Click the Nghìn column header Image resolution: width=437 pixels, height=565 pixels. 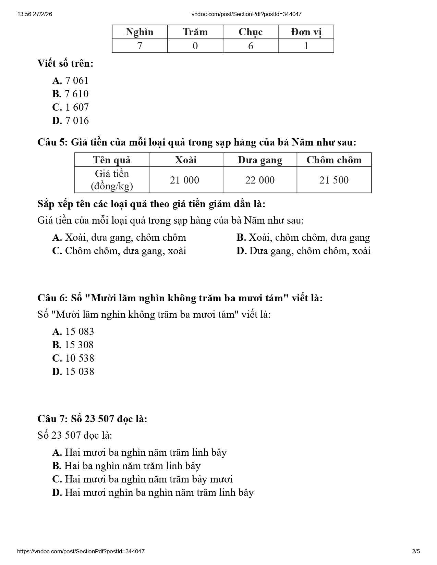139,32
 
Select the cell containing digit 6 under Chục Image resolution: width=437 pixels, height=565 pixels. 251,46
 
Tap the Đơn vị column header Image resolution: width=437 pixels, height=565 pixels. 306,32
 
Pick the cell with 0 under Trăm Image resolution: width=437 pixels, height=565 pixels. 195,46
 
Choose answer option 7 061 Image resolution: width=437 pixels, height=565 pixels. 71,80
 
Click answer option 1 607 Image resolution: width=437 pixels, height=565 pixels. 71,107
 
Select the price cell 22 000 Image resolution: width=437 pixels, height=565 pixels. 260,180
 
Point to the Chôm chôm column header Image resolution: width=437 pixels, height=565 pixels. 334,160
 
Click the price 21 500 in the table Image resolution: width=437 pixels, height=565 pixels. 334,180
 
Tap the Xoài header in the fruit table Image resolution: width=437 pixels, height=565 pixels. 186,160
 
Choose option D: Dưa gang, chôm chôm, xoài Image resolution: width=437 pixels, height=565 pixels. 303,251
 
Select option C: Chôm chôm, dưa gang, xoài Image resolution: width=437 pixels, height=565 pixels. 119,251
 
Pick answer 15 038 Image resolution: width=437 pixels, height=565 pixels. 73,372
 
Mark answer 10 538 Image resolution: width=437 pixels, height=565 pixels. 73,358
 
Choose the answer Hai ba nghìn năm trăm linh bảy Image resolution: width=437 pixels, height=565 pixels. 126,466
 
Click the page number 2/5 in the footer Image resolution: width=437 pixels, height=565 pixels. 416,551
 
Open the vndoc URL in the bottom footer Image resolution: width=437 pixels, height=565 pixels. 81,551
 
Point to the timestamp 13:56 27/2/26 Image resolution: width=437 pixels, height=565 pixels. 34,14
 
